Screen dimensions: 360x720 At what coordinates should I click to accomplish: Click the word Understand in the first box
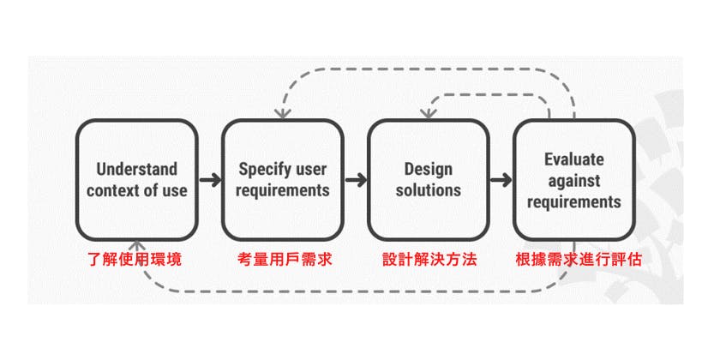pyautogui.click(x=136, y=168)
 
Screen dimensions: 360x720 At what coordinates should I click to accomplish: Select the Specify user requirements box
pyautogui.click(x=283, y=179)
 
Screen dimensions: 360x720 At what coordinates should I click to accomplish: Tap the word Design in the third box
pyautogui.click(x=429, y=168)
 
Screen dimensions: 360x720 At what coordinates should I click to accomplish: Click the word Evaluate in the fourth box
pyautogui.click(x=574, y=159)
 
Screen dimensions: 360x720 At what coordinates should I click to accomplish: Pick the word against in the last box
pyautogui.click(x=574, y=181)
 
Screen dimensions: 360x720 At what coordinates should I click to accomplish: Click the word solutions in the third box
pyautogui.click(x=429, y=190)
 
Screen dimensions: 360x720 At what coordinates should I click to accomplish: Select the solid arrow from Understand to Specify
pyautogui.click(x=209, y=180)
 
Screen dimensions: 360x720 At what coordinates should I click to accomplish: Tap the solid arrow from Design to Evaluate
pyautogui.click(x=501, y=180)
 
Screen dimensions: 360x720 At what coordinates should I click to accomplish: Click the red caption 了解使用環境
pyautogui.click(x=136, y=259)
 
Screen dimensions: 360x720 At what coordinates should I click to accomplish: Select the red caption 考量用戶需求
pyautogui.click(x=283, y=259)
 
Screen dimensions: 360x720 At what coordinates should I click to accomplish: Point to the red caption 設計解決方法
pyautogui.click(x=429, y=259)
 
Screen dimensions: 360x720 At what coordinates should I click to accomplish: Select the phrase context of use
pyautogui.click(x=136, y=190)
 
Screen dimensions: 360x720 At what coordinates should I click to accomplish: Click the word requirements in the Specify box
pyautogui.click(x=283, y=190)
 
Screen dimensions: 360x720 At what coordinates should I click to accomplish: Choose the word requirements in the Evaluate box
pyautogui.click(x=574, y=203)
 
